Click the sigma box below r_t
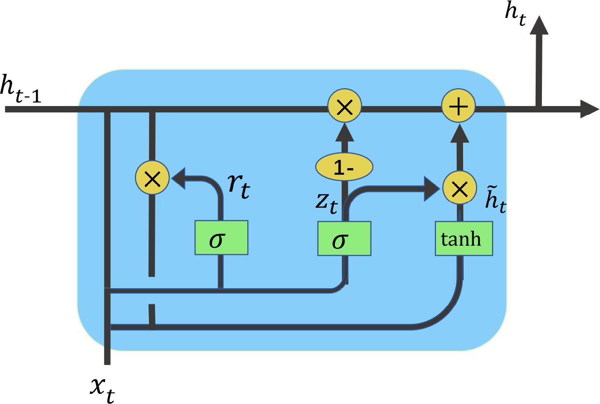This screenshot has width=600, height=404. pyautogui.click(x=221, y=237)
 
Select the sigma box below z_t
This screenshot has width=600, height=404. pyautogui.click(x=344, y=238)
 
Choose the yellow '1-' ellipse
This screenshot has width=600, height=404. pyautogui.click(x=344, y=167)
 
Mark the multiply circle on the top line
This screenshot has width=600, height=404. pyautogui.click(x=344, y=106)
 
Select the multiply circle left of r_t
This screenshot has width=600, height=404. pyautogui.click(x=152, y=178)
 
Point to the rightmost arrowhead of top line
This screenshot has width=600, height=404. pyautogui.click(x=589, y=109)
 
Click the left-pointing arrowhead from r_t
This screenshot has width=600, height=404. pyautogui.click(x=180, y=178)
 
